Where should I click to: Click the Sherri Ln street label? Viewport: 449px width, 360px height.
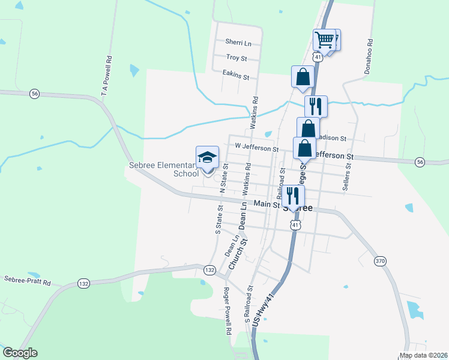tap(238, 42)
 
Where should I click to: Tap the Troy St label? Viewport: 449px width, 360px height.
tap(237, 58)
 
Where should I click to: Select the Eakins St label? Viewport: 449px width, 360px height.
tap(235, 75)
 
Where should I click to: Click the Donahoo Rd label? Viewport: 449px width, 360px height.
tap(369, 57)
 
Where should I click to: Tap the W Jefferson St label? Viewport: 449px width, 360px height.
tap(256, 148)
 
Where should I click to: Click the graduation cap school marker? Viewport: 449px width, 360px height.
tap(207, 158)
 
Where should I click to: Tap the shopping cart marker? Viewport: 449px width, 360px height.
tap(324, 40)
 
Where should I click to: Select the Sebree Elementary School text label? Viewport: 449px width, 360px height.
tap(163, 169)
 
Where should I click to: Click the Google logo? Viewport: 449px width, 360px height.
tap(20, 353)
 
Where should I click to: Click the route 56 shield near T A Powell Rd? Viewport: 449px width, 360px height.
tap(35, 94)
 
